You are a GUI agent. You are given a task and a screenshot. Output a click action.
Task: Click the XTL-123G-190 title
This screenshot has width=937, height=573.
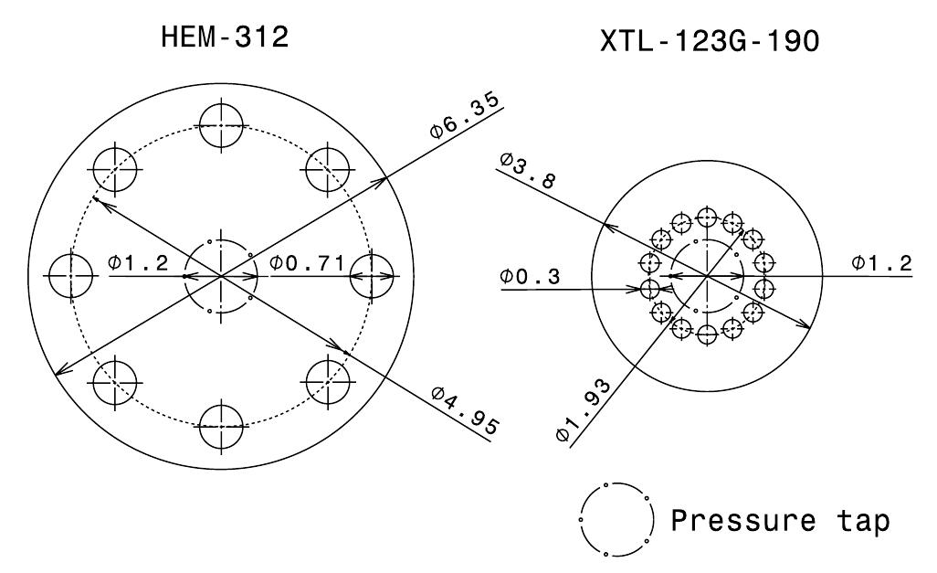pos(710,41)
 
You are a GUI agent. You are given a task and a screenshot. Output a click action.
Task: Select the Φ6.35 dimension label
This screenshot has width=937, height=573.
pos(466,114)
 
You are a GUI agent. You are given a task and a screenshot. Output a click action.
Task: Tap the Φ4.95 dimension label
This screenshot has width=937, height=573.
pos(466,411)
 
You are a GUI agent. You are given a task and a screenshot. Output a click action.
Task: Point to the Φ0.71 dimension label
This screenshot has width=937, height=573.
pos(307,264)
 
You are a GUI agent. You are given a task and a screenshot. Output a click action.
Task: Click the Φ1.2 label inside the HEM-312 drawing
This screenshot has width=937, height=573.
pos(138,264)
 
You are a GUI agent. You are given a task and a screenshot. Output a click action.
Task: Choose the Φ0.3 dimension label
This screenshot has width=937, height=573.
pos(532,276)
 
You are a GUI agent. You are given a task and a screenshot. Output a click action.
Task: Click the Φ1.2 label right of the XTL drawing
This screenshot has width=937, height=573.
pos(881,264)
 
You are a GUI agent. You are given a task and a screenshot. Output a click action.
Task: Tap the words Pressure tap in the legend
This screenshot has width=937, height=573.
pos(780,521)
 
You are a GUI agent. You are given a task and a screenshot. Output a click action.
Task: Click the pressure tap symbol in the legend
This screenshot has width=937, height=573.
pos(616,518)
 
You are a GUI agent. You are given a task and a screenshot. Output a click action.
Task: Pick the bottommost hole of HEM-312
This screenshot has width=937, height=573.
pos(221,426)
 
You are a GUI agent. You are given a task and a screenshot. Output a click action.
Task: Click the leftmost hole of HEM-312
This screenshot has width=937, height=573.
pos(71,275)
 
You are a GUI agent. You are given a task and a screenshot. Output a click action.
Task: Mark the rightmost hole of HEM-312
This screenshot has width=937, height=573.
pos(372,275)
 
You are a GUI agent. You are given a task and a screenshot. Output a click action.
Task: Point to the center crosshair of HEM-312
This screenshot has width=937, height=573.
pos(221,275)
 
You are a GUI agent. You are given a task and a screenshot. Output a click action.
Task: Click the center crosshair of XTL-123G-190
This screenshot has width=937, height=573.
pos(707,275)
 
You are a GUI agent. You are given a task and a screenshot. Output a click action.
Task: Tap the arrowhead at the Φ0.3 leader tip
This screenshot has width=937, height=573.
pos(643,289)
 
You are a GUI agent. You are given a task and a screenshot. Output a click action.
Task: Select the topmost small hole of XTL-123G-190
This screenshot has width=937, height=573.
pos(706,218)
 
